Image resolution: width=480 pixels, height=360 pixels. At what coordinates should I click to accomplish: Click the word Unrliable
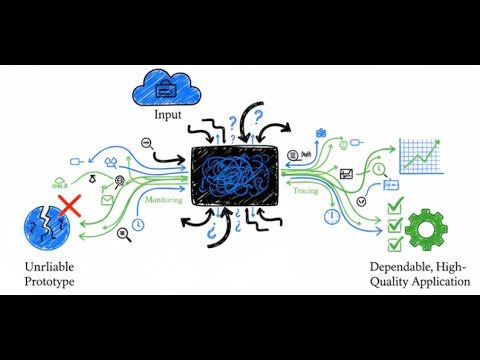(49, 268)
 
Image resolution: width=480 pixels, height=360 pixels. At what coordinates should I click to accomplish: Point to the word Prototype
(49, 282)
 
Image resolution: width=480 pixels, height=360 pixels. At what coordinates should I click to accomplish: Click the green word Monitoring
(164, 200)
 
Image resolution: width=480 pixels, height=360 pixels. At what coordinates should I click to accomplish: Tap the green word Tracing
(306, 190)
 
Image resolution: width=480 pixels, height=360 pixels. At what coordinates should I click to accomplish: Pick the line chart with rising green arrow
(421, 154)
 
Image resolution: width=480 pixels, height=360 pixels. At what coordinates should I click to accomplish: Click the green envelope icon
(108, 200)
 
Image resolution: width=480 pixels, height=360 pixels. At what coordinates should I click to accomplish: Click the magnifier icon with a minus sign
(146, 144)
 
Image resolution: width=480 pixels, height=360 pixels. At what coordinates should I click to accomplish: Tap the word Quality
(386, 282)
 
